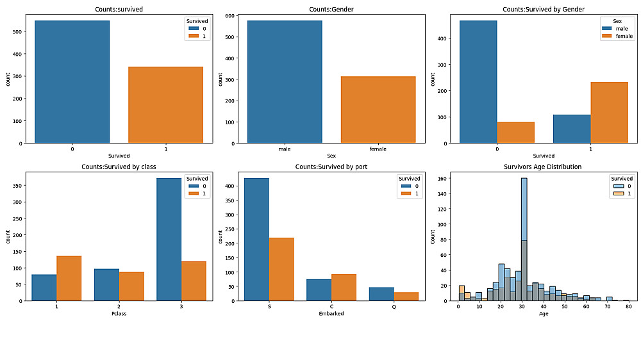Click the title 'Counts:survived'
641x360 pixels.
(119, 10)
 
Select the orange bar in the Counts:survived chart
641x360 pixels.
(165, 105)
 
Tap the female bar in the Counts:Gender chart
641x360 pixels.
(378, 110)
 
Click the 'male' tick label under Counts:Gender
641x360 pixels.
(285, 149)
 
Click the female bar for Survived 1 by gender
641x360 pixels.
(609, 112)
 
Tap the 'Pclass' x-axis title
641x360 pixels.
(119, 313)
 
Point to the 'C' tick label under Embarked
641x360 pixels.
(331, 307)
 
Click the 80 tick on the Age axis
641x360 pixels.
(628, 307)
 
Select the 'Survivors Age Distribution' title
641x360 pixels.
(543, 167)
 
